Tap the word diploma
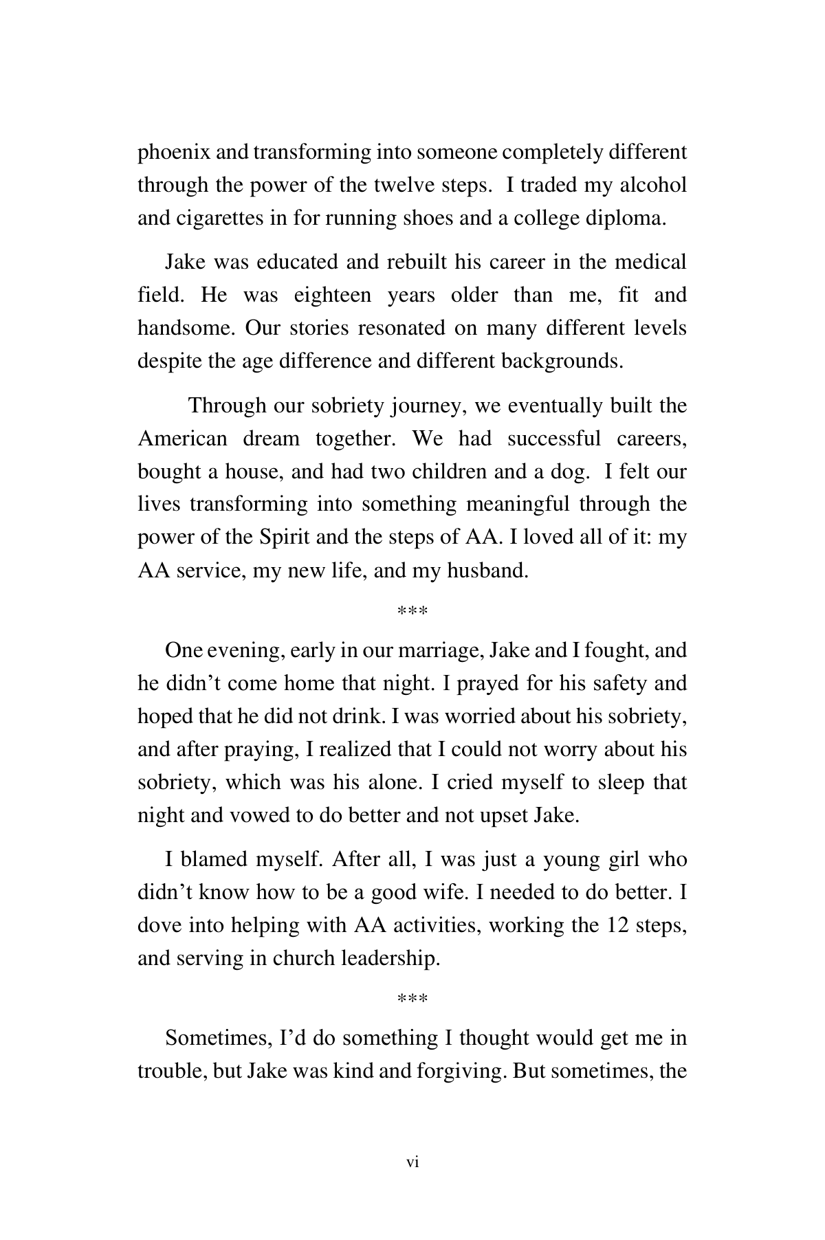[624, 219]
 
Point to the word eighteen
[333, 296]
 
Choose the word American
[182, 439]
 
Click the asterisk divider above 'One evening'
[412, 611]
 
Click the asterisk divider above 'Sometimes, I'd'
[412, 999]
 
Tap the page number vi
[412, 1162]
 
